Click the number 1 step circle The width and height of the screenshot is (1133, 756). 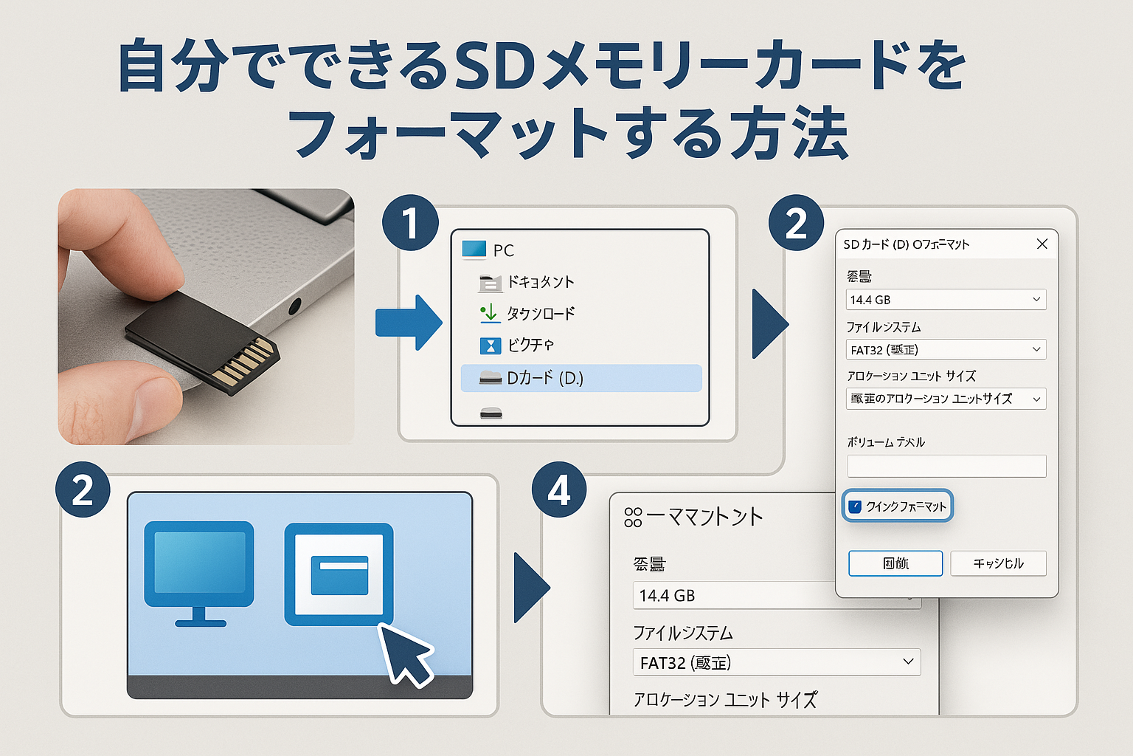point(410,223)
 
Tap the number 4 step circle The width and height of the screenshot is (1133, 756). point(559,490)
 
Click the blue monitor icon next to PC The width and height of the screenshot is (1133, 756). point(474,250)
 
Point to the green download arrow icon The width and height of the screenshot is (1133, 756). point(489,313)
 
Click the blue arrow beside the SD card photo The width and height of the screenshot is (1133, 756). point(408,323)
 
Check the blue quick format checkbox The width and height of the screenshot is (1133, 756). point(855,506)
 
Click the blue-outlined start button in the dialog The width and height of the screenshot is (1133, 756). point(895,563)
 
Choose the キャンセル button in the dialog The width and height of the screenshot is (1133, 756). point(998,563)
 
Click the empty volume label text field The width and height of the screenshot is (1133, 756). point(946,466)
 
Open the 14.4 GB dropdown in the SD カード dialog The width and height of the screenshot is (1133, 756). point(946,300)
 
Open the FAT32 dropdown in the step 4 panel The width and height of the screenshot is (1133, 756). point(776,662)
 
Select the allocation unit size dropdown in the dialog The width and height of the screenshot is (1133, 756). point(946,399)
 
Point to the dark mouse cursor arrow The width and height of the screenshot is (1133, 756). point(404,652)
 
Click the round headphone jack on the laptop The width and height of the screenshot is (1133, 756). point(296,306)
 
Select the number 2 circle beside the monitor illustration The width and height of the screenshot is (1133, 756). point(83,490)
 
